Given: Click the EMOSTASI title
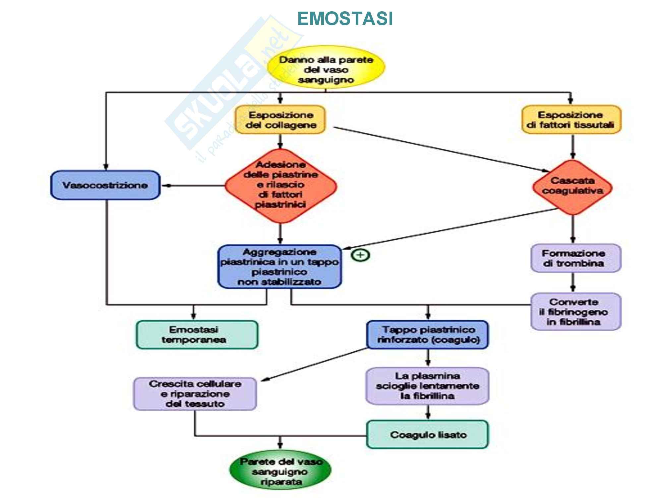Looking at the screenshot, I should coord(345,19).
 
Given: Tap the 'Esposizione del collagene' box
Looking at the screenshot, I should coord(280,120).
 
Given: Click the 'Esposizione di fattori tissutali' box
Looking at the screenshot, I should coord(571,120).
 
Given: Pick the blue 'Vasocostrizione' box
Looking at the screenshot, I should coord(105,185).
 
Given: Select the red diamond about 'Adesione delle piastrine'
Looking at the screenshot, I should coord(280,185).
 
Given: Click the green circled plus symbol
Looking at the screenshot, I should coord(360,255).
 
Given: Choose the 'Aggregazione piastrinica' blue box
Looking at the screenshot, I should coord(279,267).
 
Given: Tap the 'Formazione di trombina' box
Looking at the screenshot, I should coord(576,258).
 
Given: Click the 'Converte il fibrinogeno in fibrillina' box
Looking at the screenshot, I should coord(576,311).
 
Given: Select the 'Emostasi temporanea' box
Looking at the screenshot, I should coord(197,335).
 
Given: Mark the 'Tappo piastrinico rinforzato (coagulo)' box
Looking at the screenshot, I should coord(427,335).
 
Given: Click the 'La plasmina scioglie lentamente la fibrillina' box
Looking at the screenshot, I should coord(427,386).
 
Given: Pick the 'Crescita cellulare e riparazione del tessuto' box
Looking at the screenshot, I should coord(195,394).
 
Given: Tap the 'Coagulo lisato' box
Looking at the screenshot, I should coord(427,435).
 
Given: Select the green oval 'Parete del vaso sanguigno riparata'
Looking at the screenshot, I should coord(280,471).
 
